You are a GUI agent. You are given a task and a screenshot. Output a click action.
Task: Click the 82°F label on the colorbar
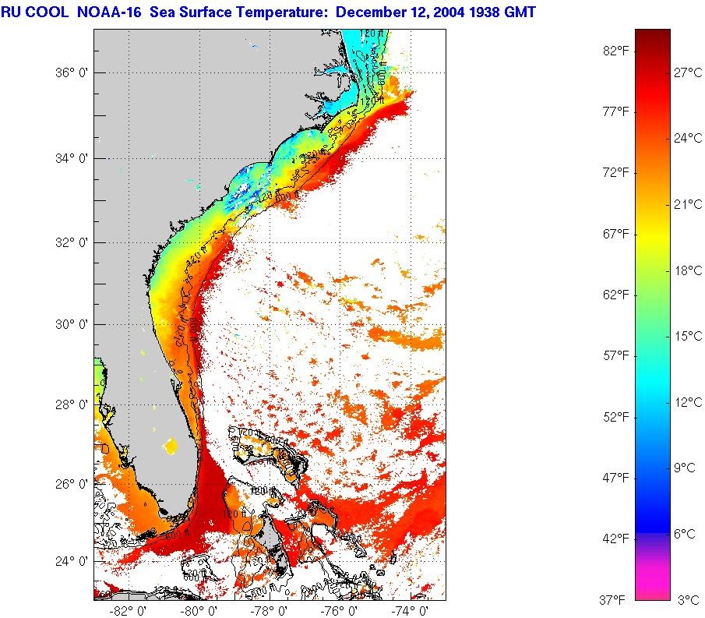pos(615,51)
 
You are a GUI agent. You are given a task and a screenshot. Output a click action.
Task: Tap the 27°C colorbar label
pos(688,72)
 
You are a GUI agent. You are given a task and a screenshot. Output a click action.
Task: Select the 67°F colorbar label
pos(615,234)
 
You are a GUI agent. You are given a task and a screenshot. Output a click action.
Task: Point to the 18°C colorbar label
pos(688,270)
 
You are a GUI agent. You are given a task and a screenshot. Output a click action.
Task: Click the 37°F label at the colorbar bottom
pos(615,599)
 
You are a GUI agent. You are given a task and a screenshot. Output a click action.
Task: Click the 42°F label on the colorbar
pos(615,539)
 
